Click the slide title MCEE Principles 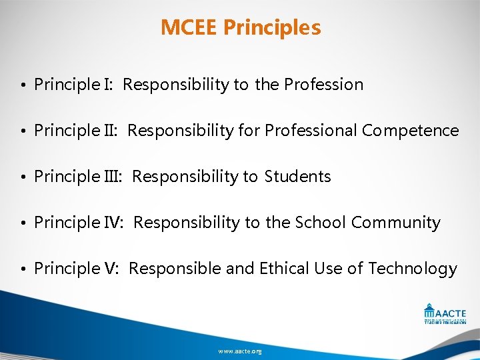[x=241, y=28]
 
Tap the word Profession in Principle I [x=323, y=85]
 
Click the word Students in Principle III [x=297, y=177]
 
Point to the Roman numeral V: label [x=111, y=269]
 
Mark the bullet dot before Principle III [x=23, y=177]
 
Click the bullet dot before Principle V [x=23, y=269]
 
